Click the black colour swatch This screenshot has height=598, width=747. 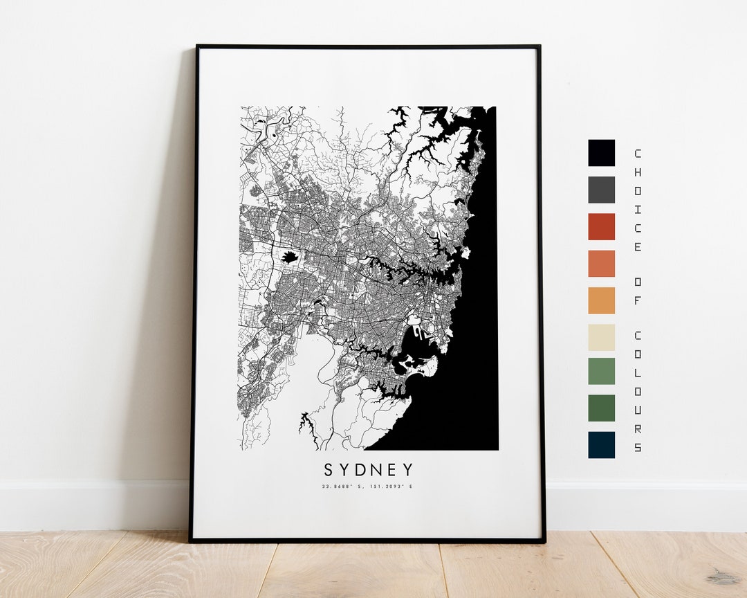pos(601,153)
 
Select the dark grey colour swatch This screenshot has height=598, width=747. pos(601,190)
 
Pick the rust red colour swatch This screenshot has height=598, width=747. pos(601,226)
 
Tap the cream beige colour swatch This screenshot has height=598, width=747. pos(601,337)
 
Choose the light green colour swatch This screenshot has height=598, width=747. pos(601,371)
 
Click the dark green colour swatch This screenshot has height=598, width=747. pos(601,408)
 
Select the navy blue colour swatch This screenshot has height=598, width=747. pos(601,444)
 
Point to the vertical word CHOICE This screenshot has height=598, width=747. pos(638,200)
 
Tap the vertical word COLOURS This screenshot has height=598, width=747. pos(638,391)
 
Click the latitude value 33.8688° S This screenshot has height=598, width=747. pos(343,487)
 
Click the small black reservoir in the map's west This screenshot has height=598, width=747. pos(289,257)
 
